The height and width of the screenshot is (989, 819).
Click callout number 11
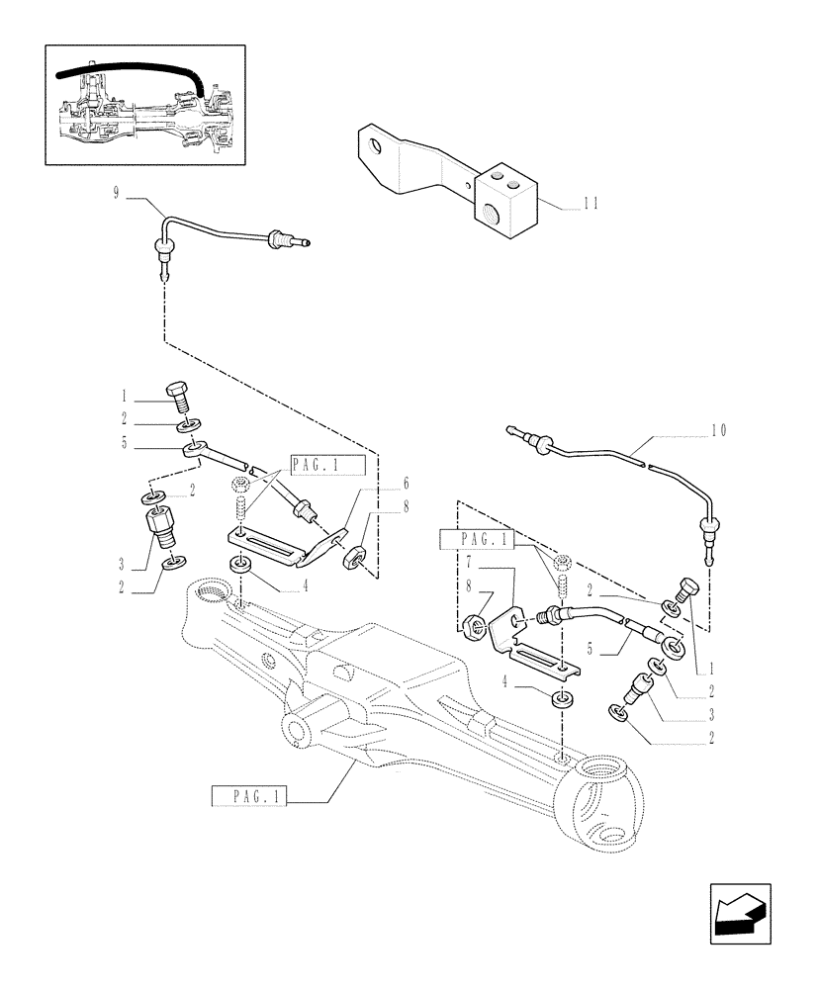pyautogui.click(x=591, y=205)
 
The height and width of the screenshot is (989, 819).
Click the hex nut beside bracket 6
pyautogui.click(x=352, y=558)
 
